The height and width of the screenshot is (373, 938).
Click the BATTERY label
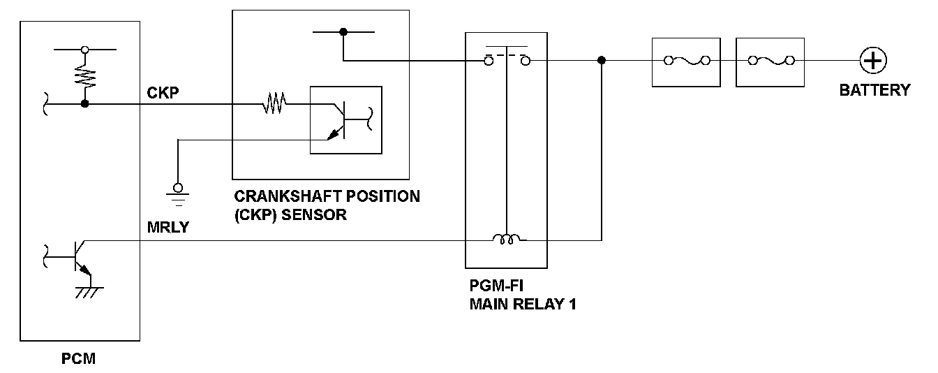pos(874,90)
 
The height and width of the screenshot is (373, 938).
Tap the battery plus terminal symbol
pos(872,61)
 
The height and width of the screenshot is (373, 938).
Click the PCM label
pos(79,360)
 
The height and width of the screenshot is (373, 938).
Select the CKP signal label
pos(163,92)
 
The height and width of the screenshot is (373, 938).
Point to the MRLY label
pos(167,227)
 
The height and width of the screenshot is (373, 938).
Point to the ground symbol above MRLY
pos(178,194)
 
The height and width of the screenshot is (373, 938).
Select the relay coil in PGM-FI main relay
pos(506,240)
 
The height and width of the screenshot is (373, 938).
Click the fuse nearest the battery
pos(770,61)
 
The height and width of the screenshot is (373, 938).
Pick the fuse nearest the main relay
pos(686,61)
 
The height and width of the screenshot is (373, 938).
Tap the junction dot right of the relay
pos(602,61)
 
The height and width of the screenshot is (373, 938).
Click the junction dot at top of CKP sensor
pos(343,31)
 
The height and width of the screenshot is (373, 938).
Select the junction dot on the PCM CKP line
pos(85,105)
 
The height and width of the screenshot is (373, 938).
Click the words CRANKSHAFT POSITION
pos(327,196)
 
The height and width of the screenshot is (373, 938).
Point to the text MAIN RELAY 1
pos(523,304)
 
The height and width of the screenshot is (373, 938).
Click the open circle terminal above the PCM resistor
pos(85,50)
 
